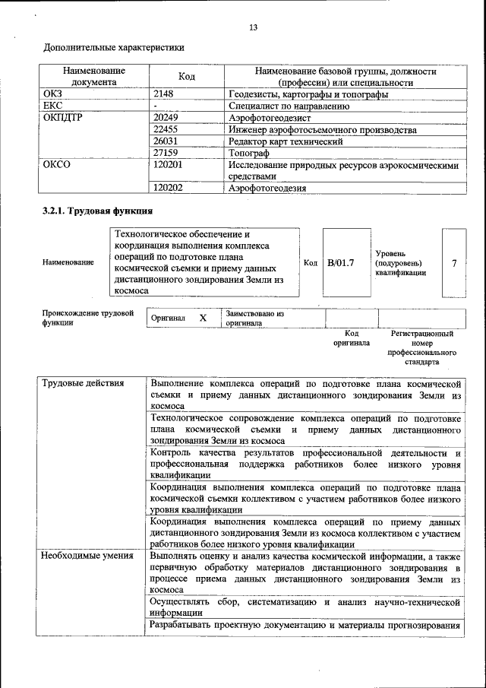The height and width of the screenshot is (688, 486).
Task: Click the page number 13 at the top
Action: (x=254, y=28)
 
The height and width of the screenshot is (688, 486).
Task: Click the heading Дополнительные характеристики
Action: (x=114, y=47)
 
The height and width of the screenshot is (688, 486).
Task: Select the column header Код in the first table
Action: (x=186, y=77)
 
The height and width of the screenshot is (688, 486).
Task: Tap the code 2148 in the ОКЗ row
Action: (x=164, y=94)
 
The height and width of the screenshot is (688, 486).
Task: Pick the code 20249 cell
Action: (x=166, y=119)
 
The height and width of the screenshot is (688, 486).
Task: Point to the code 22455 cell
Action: (x=166, y=130)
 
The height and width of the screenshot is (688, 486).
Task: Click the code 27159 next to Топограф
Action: (x=166, y=153)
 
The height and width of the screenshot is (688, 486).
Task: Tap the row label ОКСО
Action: (x=57, y=164)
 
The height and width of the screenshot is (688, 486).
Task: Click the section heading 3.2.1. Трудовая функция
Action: (x=98, y=211)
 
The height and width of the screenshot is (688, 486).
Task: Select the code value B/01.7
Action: (x=340, y=263)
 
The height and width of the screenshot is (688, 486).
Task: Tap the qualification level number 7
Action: (x=453, y=263)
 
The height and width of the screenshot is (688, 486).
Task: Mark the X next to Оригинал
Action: (x=203, y=318)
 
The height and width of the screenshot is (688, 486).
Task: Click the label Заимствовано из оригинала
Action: (x=254, y=318)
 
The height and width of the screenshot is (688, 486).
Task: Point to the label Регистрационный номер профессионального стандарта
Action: (x=421, y=348)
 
